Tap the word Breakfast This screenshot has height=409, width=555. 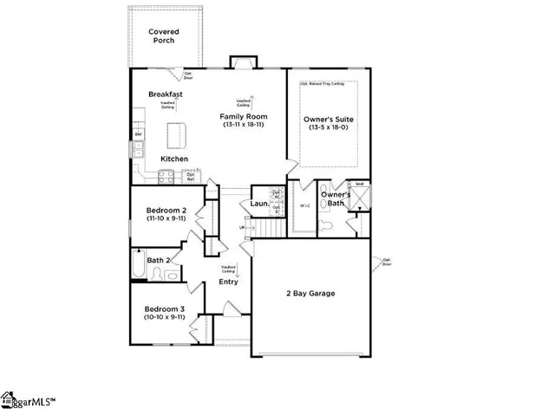165,94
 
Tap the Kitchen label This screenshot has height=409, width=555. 174,159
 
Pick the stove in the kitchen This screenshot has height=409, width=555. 165,177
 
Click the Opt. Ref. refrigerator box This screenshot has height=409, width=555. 190,177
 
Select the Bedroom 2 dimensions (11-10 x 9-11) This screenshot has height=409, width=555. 165,219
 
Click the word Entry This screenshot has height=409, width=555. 228,282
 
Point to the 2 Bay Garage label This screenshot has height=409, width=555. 310,293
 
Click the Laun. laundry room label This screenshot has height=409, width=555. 258,204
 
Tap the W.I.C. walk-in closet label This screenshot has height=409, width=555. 304,206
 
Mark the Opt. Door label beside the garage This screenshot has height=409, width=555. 388,261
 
